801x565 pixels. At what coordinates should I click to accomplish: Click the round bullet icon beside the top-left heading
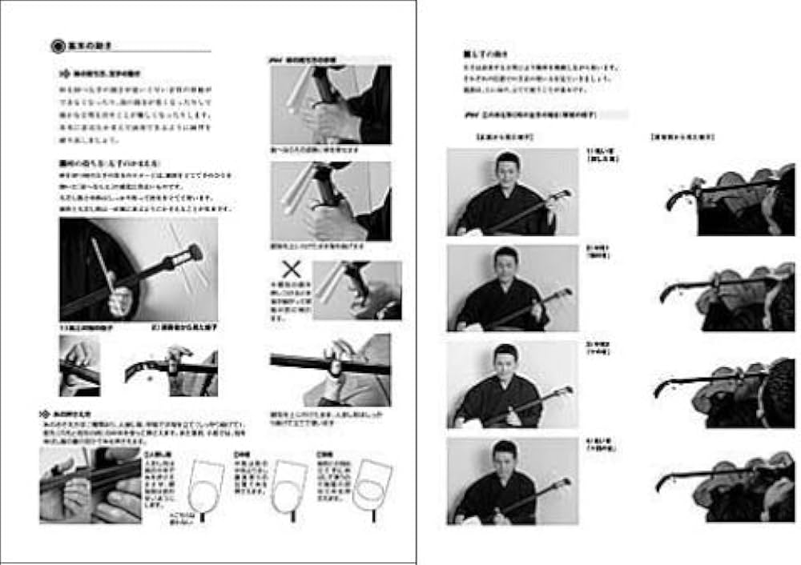(x=58, y=46)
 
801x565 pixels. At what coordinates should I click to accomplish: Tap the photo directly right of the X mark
(x=356, y=290)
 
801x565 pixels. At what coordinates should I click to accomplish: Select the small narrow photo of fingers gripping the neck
(x=79, y=365)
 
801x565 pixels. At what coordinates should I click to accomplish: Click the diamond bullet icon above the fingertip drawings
(x=45, y=414)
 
